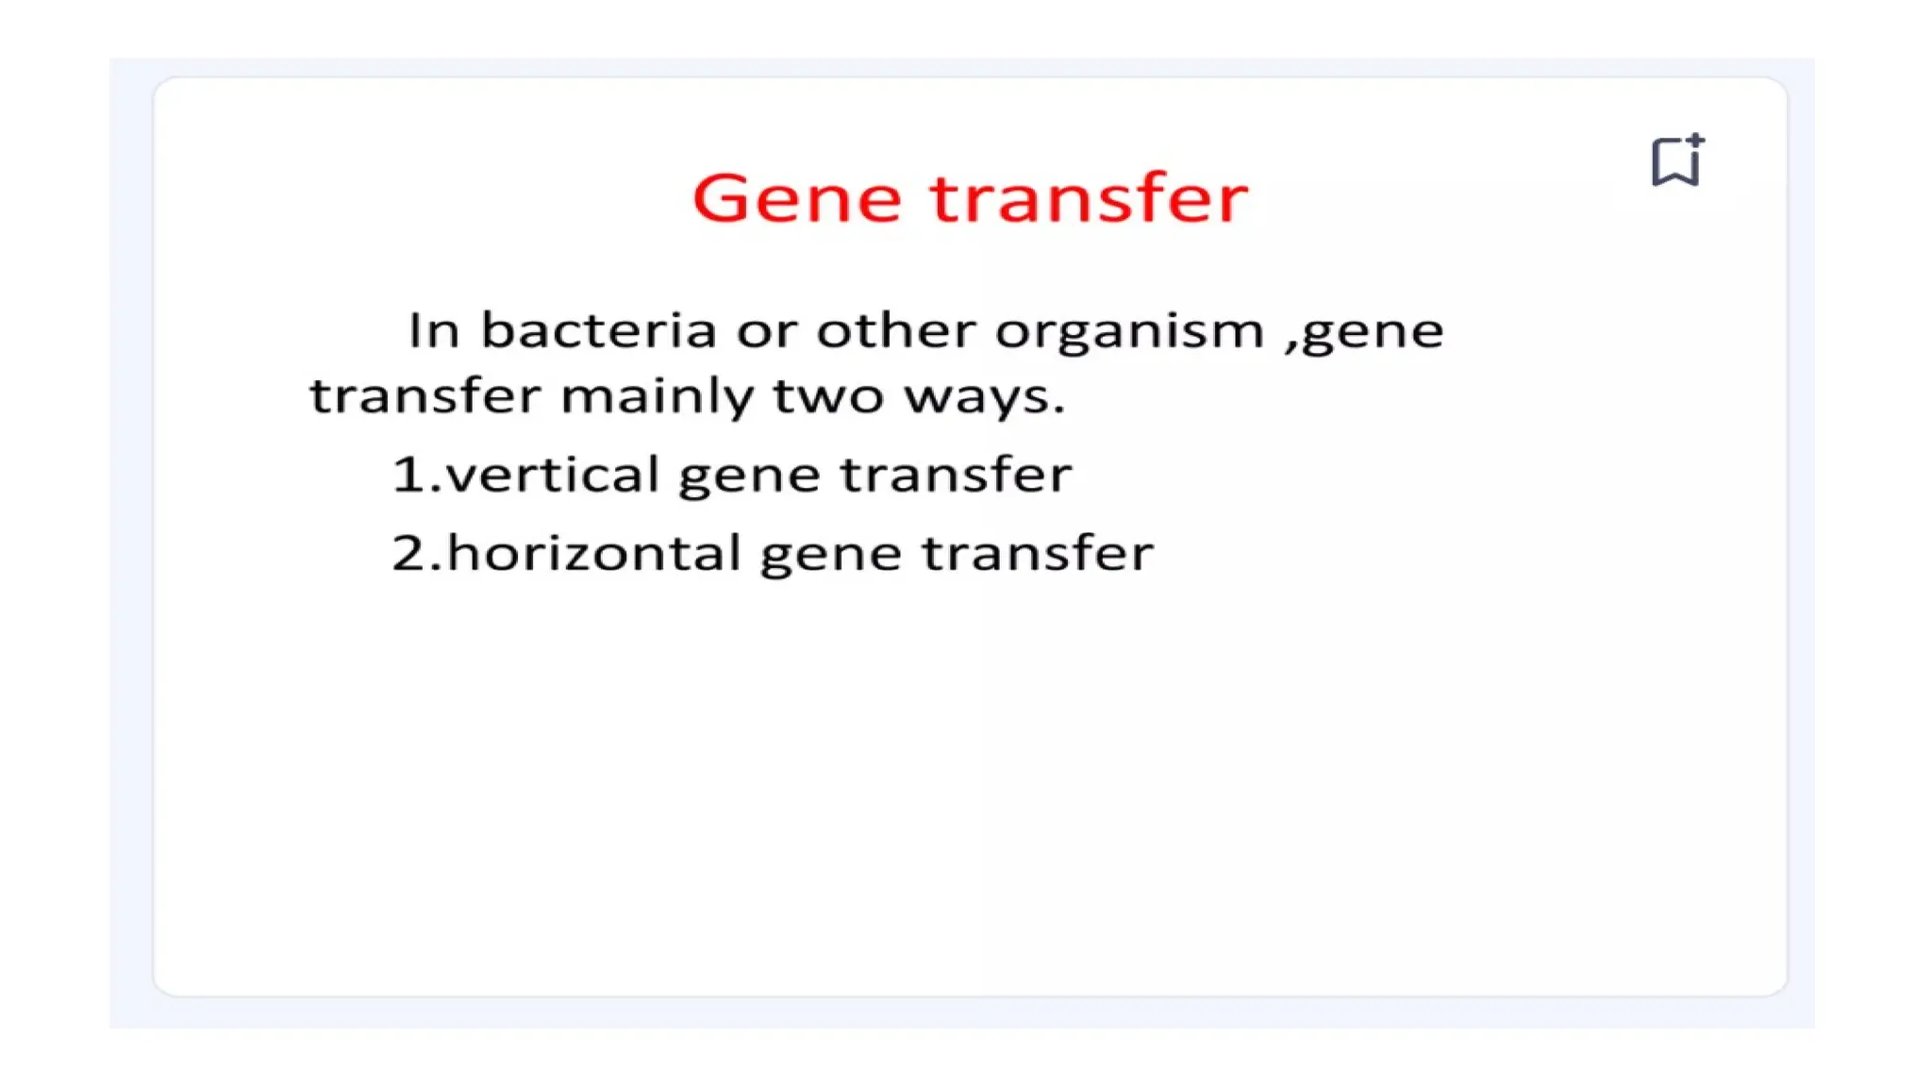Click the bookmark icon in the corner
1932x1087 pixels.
(1676, 161)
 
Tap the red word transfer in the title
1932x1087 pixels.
(1089, 199)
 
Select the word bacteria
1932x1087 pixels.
(598, 331)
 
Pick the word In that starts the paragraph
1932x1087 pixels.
(434, 331)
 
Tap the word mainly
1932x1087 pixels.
(658, 397)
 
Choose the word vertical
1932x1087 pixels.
(552, 475)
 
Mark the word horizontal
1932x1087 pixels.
(594, 553)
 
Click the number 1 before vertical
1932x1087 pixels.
(408, 475)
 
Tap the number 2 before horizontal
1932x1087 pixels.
(409, 553)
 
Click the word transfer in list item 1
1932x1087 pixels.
(956, 475)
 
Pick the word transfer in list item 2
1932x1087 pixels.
(1038, 553)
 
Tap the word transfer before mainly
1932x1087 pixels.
(425, 396)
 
